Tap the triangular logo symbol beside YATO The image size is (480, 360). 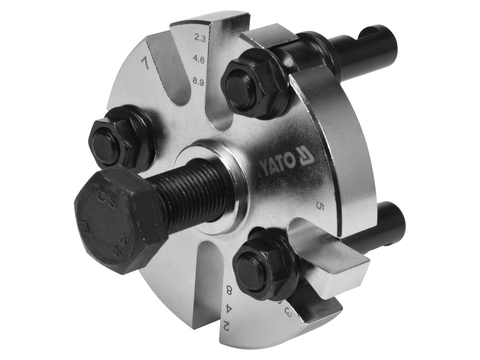306,156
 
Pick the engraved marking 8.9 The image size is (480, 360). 198,82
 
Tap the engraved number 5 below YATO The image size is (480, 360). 320,206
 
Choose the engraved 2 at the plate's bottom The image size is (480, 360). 226,325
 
